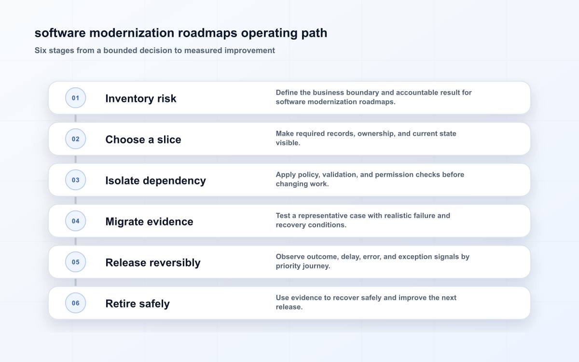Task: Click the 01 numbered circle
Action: pos(75,97)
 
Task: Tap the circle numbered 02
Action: pos(75,139)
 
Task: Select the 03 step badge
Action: pos(75,180)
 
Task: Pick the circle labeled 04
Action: pos(75,221)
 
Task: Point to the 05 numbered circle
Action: pos(75,262)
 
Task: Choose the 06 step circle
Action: pos(75,303)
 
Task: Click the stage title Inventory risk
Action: pos(141,98)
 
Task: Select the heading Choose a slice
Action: pos(143,139)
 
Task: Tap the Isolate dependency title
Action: pos(155,181)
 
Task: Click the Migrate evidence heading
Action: pos(149,222)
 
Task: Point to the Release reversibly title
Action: pos(153,263)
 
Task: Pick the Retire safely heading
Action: pos(138,304)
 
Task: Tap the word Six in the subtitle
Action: pos(41,50)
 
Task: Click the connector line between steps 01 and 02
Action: pos(75,118)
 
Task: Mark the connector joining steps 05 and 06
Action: pos(75,282)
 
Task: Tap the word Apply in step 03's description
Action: pos(286,175)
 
